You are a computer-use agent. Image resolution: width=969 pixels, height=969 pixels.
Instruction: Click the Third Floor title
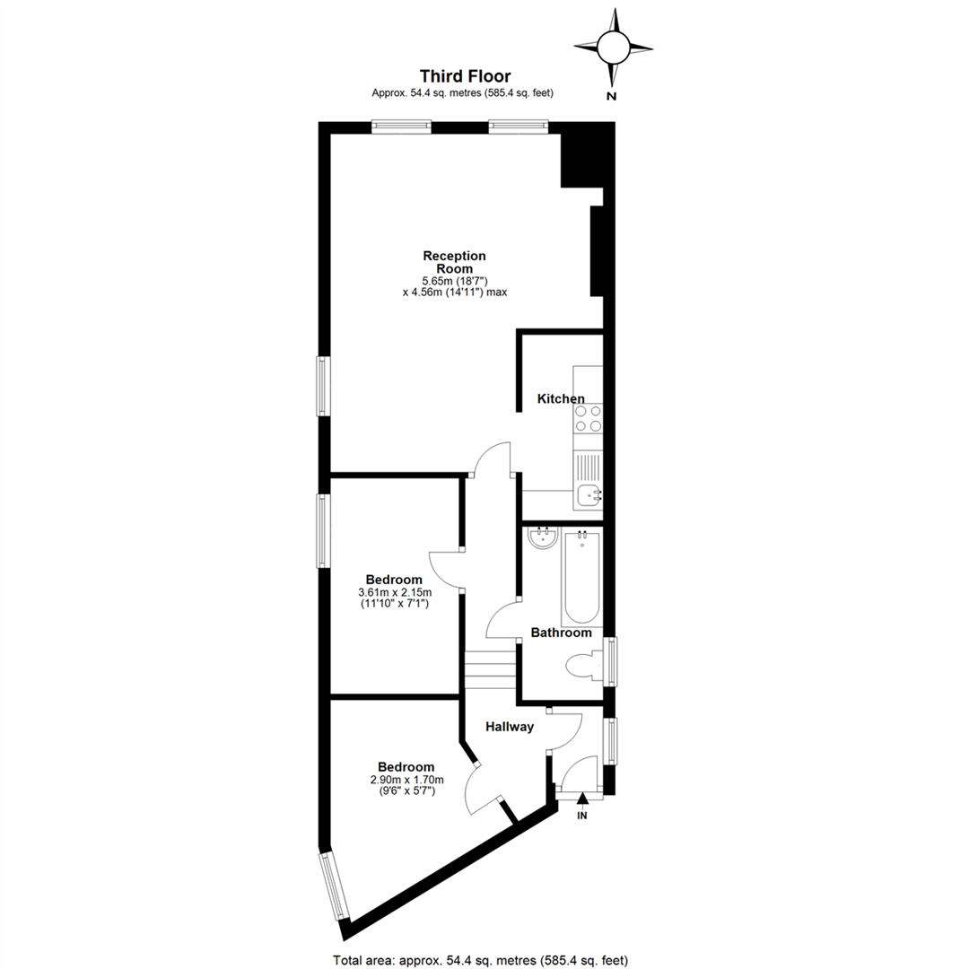(x=466, y=76)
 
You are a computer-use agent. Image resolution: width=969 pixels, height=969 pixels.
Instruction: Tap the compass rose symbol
(x=613, y=48)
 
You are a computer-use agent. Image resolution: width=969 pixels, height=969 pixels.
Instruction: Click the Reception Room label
(x=454, y=262)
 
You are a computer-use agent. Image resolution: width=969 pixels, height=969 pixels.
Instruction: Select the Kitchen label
(x=561, y=398)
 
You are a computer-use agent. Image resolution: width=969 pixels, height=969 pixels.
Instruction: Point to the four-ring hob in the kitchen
(x=588, y=418)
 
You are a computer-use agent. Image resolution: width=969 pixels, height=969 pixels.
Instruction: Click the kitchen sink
(x=589, y=493)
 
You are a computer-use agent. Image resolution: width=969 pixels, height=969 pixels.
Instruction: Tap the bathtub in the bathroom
(x=581, y=578)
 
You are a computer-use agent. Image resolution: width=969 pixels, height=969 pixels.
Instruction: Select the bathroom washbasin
(x=543, y=537)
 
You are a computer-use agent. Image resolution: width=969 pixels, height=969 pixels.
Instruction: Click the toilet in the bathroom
(x=584, y=665)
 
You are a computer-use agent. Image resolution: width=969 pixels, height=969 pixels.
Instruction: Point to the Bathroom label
(x=561, y=633)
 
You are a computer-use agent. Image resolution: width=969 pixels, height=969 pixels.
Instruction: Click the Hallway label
(x=510, y=727)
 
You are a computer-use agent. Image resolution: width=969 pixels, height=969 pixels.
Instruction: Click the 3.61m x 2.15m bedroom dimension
(x=395, y=592)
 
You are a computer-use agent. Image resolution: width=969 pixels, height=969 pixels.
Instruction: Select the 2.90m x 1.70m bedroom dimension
(x=406, y=780)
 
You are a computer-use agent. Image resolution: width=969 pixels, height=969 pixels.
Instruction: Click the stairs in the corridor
(x=490, y=670)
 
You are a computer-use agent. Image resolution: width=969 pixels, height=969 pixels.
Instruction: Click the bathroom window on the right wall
(x=611, y=661)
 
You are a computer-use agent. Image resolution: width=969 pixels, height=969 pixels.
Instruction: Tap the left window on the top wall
(x=401, y=127)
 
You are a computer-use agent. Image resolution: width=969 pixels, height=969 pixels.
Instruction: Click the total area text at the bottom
(x=480, y=960)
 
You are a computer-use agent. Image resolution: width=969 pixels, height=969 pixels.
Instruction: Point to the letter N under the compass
(x=612, y=96)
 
